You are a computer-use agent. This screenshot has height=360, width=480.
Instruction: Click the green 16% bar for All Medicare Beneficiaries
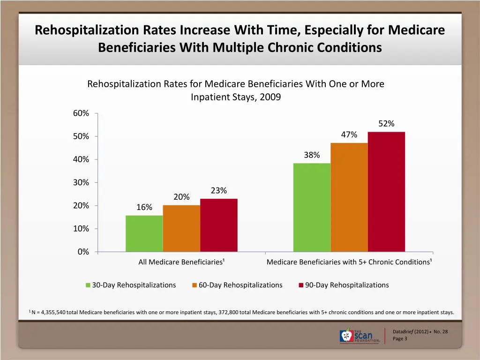[x=144, y=233]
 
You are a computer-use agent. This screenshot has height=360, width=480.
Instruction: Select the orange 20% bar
[x=181, y=228]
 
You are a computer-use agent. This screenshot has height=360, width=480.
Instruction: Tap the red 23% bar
[x=218, y=225]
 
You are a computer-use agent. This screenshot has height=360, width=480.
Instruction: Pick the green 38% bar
[x=312, y=207]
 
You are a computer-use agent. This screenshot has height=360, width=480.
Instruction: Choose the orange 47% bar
[x=349, y=197]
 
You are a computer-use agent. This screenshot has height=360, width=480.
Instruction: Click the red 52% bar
[x=386, y=192]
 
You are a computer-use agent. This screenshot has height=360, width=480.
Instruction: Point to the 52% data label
[x=386, y=124]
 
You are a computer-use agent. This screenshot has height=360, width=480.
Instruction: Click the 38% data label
[x=312, y=155]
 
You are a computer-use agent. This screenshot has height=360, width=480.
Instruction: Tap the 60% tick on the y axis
[x=81, y=113]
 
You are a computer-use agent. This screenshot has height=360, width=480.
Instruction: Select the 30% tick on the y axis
[x=81, y=183]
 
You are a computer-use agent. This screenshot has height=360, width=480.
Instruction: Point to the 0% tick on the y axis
[x=83, y=252]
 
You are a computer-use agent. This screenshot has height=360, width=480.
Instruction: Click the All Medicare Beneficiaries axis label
[x=181, y=262]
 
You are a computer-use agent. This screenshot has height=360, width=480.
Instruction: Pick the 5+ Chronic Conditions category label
[x=349, y=262]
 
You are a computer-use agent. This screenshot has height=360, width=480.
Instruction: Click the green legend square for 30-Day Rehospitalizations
[x=88, y=285]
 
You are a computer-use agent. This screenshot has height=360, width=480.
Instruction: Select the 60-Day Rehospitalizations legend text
[x=240, y=285]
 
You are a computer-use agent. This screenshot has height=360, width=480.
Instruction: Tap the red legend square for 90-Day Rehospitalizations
[x=301, y=285]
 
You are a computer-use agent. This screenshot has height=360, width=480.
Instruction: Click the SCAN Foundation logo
[x=360, y=335]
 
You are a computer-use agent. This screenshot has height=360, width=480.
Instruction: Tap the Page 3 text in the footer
[x=400, y=338]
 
